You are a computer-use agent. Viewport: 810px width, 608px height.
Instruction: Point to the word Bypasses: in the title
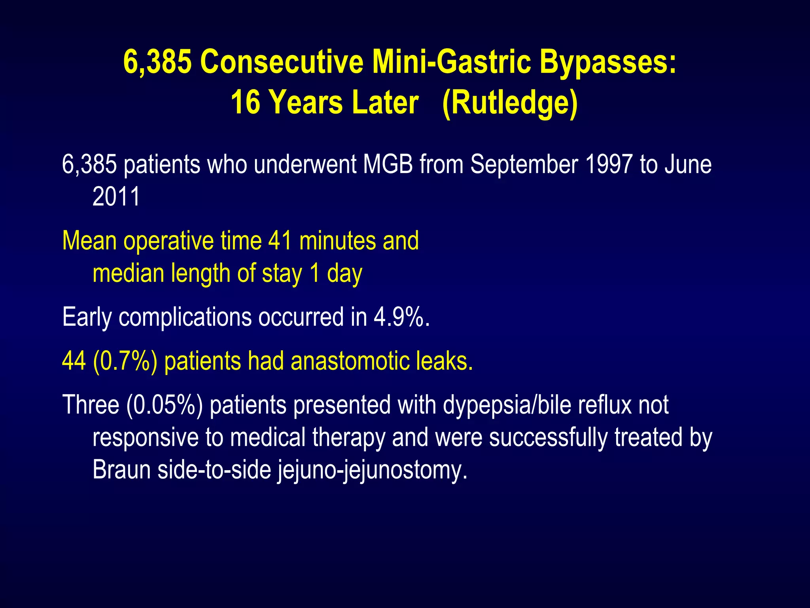click(608, 62)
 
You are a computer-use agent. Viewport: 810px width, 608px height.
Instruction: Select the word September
click(524, 164)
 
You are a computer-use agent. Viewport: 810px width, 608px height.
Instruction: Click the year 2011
click(116, 197)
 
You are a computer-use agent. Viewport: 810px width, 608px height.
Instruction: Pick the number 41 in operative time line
click(280, 241)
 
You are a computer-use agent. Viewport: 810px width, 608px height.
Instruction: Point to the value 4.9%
click(401, 317)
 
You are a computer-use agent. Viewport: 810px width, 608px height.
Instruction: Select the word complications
click(185, 317)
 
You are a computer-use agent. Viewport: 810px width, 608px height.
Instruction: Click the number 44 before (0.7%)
click(74, 361)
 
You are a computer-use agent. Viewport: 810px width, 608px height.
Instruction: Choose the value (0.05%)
click(165, 405)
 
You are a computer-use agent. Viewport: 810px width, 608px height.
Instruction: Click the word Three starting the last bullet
click(91, 405)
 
